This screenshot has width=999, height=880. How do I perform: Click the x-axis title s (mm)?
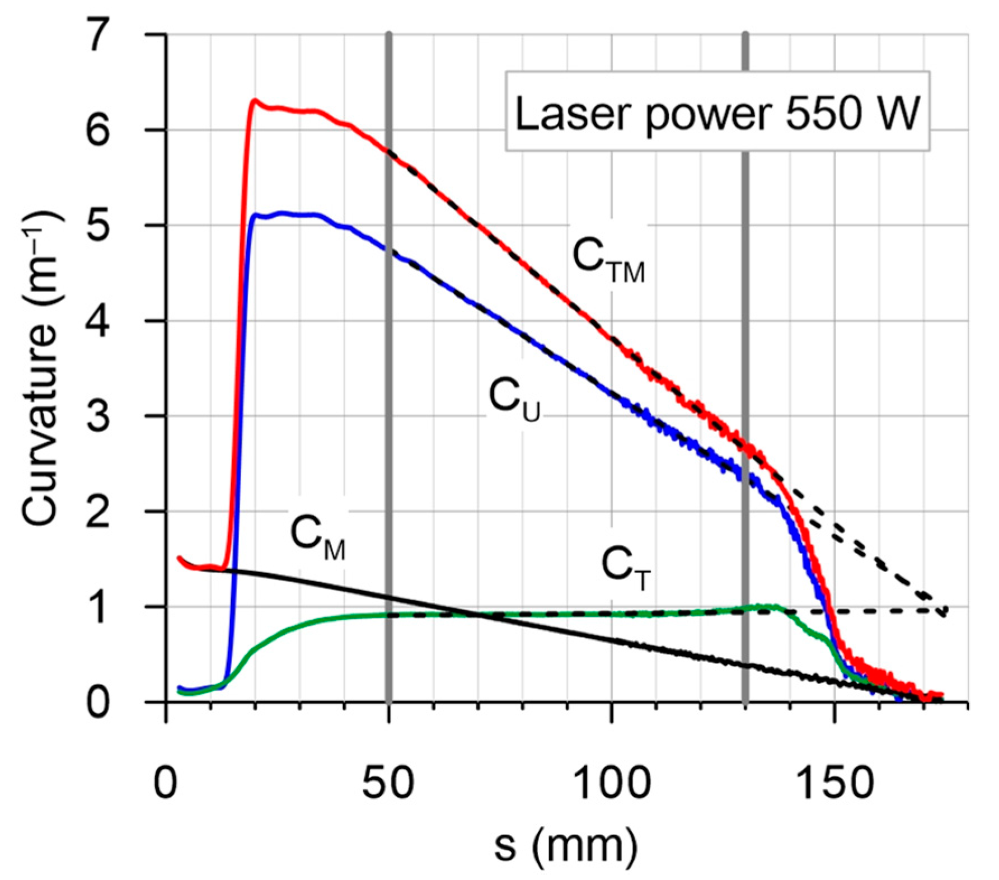tap(565, 846)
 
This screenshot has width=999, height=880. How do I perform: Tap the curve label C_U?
tap(514, 399)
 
